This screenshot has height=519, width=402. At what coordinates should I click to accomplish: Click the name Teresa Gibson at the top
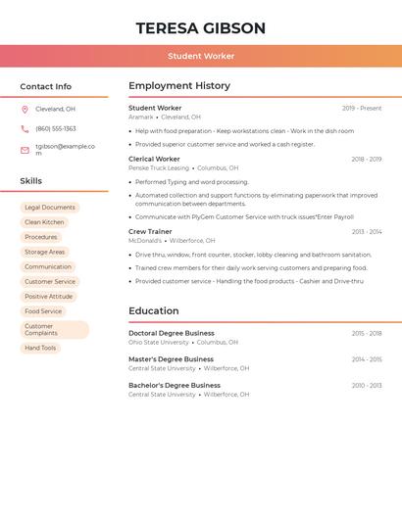tap(200, 27)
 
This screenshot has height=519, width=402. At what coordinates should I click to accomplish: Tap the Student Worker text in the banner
tap(200, 56)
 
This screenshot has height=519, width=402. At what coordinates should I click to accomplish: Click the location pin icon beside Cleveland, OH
tap(25, 109)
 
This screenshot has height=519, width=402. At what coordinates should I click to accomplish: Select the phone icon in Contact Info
tap(25, 128)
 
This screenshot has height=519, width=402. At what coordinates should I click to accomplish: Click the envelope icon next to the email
tap(25, 150)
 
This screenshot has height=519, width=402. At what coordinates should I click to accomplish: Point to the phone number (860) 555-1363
tap(56, 128)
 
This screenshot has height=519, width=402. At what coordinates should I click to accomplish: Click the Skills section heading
tap(31, 181)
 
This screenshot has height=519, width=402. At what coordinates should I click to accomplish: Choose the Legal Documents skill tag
tap(50, 208)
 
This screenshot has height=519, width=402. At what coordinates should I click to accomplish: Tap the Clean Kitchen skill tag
tap(44, 222)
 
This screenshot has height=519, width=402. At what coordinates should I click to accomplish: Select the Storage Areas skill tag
tap(45, 252)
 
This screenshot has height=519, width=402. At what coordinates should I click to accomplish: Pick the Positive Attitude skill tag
tap(49, 297)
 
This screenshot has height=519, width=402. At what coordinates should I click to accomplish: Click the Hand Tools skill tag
tap(40, 348)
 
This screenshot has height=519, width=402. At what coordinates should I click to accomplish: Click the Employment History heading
tap(179, 86)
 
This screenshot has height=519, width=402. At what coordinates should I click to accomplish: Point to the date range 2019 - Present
tap(362, 109)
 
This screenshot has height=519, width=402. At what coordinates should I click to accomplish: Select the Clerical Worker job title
tap(154, 159)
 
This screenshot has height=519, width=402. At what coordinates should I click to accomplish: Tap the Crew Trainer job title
tap(150, 231)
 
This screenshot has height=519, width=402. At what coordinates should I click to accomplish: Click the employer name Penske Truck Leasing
tap(159, 167)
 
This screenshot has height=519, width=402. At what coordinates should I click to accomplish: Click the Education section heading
tap(153, 311)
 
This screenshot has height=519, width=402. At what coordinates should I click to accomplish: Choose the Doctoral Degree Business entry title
tap(172, 333)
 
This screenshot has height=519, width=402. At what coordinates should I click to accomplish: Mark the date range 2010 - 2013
tap(367, 386)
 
